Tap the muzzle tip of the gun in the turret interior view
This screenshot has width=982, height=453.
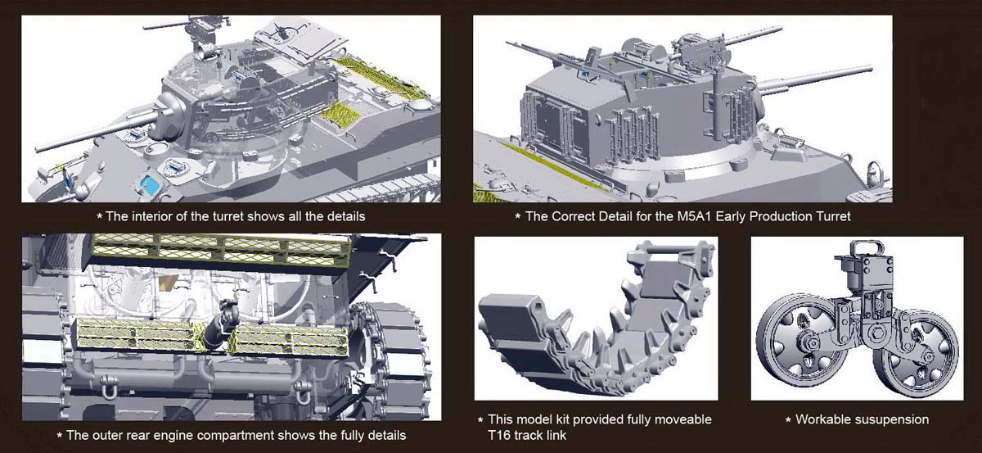click(x=38, y=148)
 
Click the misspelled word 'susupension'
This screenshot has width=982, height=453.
click(x=891, y=419)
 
